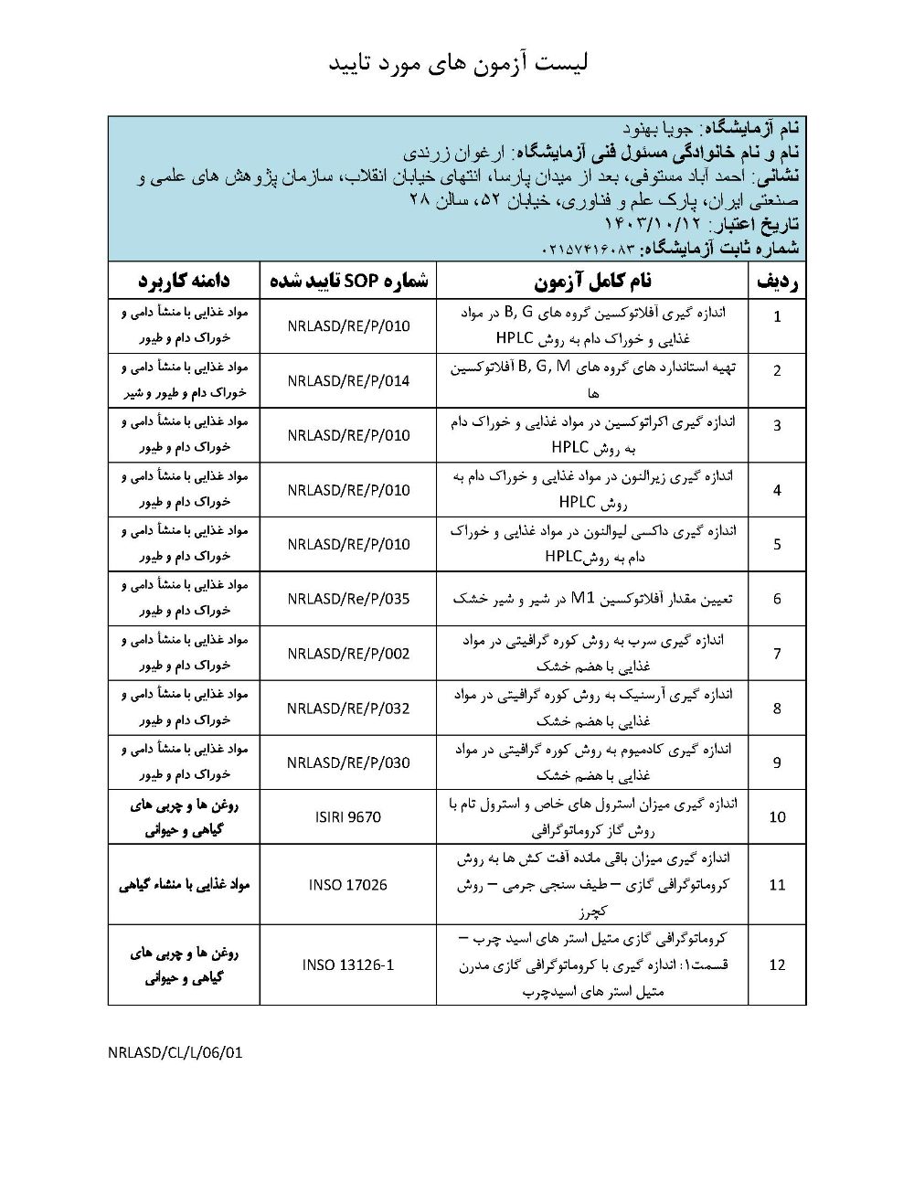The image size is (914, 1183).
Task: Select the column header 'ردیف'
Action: [x=777, y=282]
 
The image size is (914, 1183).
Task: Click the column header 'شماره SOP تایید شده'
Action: [x=348, y=282]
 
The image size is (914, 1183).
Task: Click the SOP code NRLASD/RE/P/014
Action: [x=348, y=381]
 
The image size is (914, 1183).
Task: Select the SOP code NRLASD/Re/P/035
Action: [x=348, y=600]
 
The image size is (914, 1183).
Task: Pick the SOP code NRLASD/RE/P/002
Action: [x=348, y=655]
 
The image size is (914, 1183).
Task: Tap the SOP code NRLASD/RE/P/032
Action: [x=348, y=709]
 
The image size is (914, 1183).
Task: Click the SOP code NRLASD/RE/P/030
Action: [x=348, y=763]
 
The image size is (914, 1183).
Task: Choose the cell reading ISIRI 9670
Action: [x=348, y=817]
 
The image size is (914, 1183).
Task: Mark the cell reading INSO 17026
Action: [x=348, y=885]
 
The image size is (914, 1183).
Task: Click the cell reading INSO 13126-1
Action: [x=348, y=965]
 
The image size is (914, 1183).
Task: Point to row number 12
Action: [x=777, y=965]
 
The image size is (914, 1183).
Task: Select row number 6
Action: [x=777, y=600]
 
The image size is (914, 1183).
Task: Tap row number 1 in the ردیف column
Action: [x=777, y=317]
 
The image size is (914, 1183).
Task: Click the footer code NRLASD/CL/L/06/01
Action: [x=175, y=1052]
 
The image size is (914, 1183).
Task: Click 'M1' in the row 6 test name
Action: [x=582, y=600]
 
